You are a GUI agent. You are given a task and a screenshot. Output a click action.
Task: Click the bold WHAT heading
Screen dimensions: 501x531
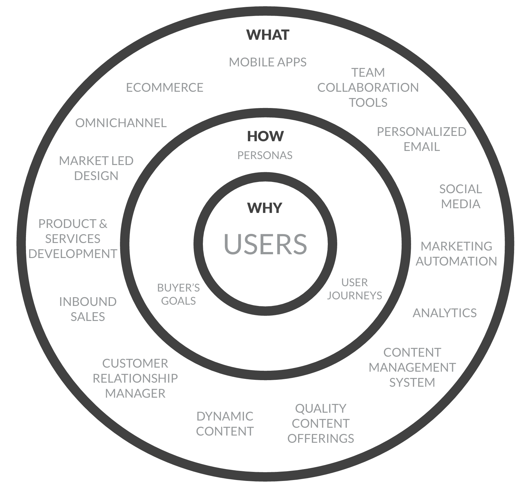point(268,35)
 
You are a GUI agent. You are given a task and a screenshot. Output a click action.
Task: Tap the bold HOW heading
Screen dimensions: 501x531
point(265,136)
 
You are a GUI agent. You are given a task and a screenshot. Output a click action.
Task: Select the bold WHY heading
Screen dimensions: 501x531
point(265,208)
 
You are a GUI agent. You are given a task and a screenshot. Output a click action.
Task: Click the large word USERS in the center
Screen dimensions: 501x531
point(265,244)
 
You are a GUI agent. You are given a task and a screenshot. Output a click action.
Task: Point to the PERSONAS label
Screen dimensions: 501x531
point(265,155)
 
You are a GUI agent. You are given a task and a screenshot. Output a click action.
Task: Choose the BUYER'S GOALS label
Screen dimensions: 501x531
point(178,294)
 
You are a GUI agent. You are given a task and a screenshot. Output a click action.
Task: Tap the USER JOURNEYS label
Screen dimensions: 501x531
point(354,289)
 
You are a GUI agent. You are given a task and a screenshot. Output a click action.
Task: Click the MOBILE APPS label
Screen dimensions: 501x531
point(268,62)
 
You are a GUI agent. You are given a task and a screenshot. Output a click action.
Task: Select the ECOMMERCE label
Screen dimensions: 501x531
point(165,87)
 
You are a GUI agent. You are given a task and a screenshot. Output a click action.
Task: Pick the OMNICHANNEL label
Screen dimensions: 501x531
point(121,123)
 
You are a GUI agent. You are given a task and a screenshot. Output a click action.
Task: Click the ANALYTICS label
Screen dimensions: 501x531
point(445,313)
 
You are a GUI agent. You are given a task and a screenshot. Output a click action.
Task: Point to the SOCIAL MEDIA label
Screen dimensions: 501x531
point(461,196)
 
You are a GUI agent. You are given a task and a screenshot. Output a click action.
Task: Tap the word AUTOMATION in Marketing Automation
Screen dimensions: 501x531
point(456,261)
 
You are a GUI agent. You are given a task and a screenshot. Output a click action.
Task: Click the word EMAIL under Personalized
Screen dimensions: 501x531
point(421,147)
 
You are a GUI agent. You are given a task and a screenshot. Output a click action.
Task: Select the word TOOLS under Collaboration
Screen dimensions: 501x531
point(368,102)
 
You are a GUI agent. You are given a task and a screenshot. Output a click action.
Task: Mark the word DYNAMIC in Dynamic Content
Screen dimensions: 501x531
point(225,416)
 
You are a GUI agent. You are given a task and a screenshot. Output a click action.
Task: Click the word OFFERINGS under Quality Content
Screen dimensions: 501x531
point(321,438)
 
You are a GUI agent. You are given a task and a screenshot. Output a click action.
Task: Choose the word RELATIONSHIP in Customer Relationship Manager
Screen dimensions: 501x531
point(135,378)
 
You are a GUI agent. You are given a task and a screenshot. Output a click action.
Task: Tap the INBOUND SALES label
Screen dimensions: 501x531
point(88,309)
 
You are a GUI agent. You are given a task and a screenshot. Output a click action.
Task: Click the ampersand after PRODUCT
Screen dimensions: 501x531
point(103,224)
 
